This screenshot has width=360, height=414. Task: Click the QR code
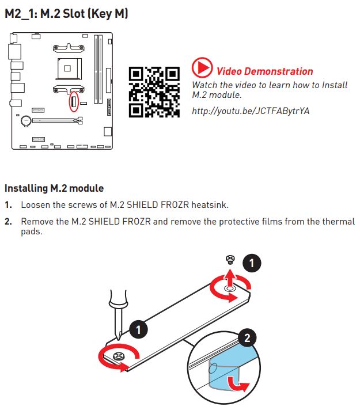[x=154, y=92]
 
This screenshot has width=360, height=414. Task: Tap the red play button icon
[x=202, y=67]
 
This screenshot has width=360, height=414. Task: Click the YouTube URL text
[x=251, y=111]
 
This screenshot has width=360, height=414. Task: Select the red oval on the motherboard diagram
[x=74, y=101]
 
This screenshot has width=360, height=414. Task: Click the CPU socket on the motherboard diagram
[x=68, y=69]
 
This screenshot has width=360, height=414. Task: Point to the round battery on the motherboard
[x=26, y=121]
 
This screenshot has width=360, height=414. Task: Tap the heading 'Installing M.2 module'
[x=54, y=188]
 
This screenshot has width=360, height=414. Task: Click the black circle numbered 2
[x=247, y=337]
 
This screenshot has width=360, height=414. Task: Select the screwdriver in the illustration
[x=119, y=314]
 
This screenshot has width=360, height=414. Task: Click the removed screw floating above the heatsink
[x=230, y=259]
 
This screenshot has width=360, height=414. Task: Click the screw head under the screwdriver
[x=119, y=356]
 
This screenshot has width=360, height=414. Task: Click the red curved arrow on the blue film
[x=238, y=384]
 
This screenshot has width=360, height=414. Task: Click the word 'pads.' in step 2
[x=32, y=231]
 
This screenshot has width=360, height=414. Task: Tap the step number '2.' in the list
[x=8, y=222]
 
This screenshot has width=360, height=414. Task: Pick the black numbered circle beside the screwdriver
[x=138, y=329]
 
